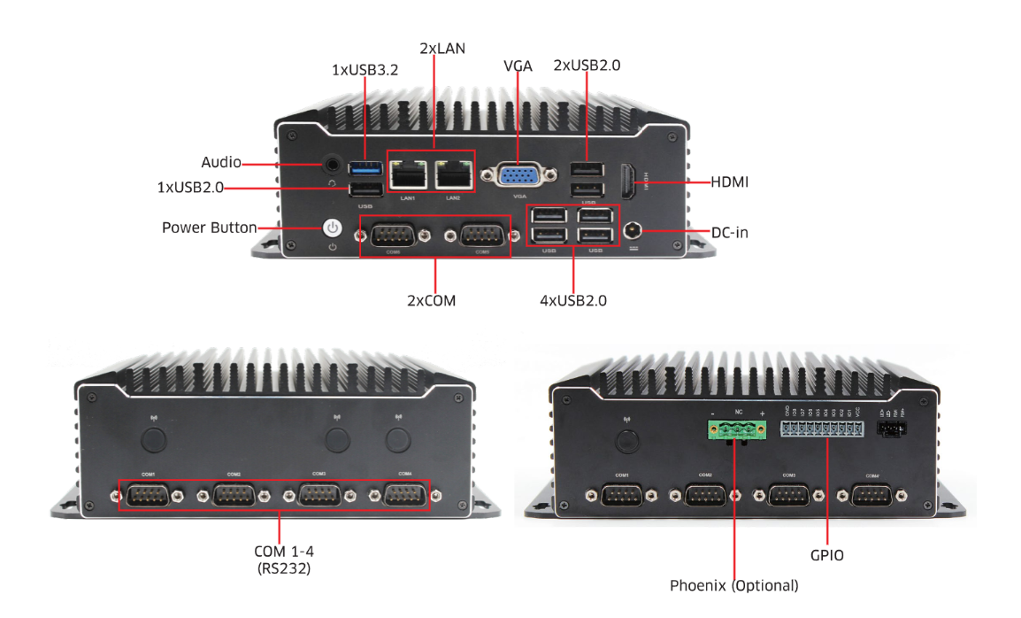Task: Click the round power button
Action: point(332,228)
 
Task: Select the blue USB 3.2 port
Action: point(365,166)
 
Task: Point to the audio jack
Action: point(332,164)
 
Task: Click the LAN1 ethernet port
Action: point(408,174)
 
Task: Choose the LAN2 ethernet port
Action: point(452,174)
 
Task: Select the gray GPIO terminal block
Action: point(821,429)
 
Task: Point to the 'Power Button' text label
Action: point(209,228)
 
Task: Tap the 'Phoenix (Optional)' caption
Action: point(733,585)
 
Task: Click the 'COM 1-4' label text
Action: point(279,552)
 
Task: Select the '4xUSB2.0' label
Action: point(573,301)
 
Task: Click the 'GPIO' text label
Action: point(827,556)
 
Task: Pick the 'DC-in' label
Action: point(730,233)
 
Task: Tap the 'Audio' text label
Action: point(221,163)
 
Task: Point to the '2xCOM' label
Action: point(431,301)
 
